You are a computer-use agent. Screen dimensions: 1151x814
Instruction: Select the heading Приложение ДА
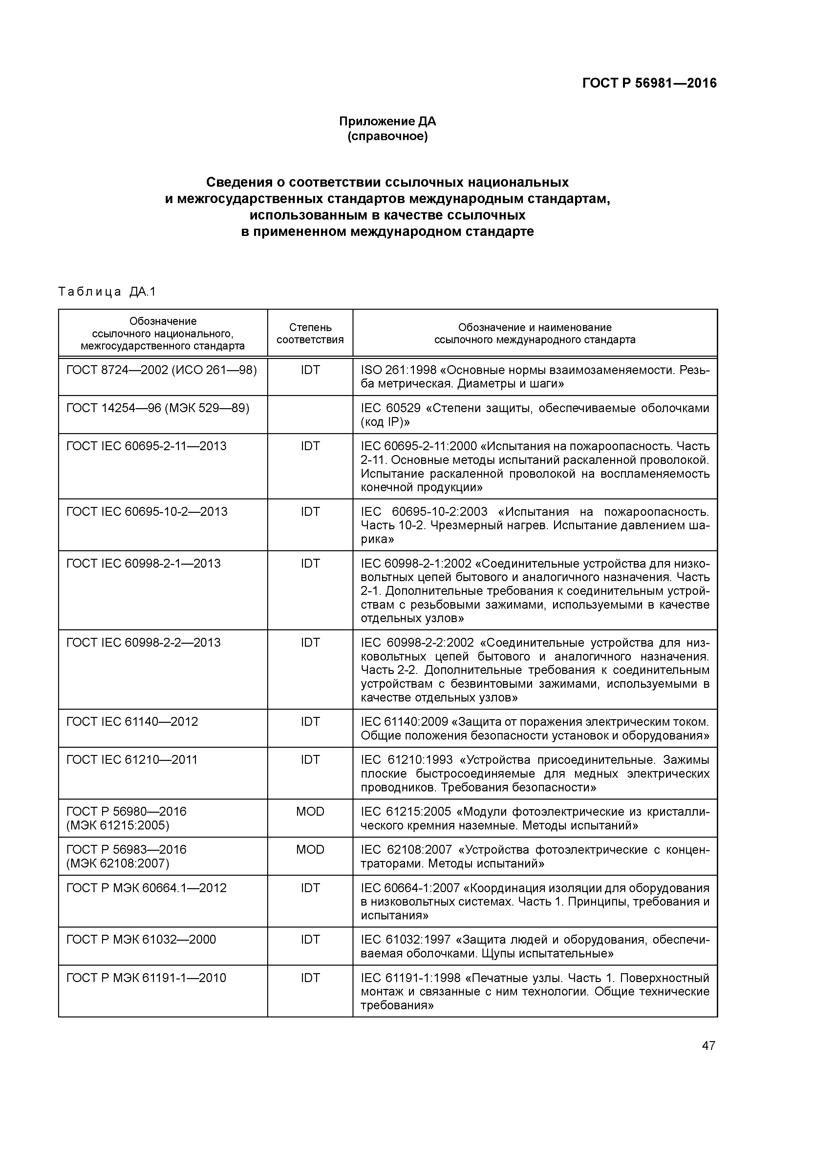(x=387, y=121)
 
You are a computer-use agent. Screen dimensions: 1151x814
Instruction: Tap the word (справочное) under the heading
(x=387, y=136)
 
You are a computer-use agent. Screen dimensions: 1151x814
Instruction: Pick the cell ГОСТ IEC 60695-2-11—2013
(x=146, y=446)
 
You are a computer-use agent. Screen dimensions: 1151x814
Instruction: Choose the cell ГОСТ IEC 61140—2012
(x=132, y=722)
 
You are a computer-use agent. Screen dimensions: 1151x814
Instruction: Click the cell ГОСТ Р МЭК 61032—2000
(x=141, y=939)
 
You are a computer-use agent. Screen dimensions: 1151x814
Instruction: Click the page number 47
(x=708, y=1046)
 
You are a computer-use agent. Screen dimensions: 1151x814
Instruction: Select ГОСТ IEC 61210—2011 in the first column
(x=132, y=760)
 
